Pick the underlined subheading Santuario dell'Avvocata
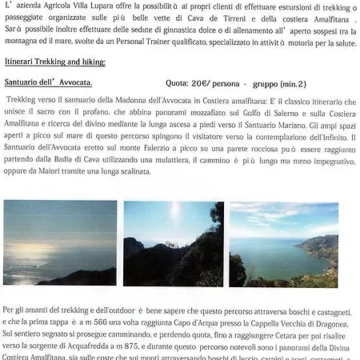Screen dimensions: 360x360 (x=49, y=83)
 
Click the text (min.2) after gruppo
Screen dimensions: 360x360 (x=290, y=83)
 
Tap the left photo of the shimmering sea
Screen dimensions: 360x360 (x=59, y=243)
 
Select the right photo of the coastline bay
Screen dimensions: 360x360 (x=283, y=243)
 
